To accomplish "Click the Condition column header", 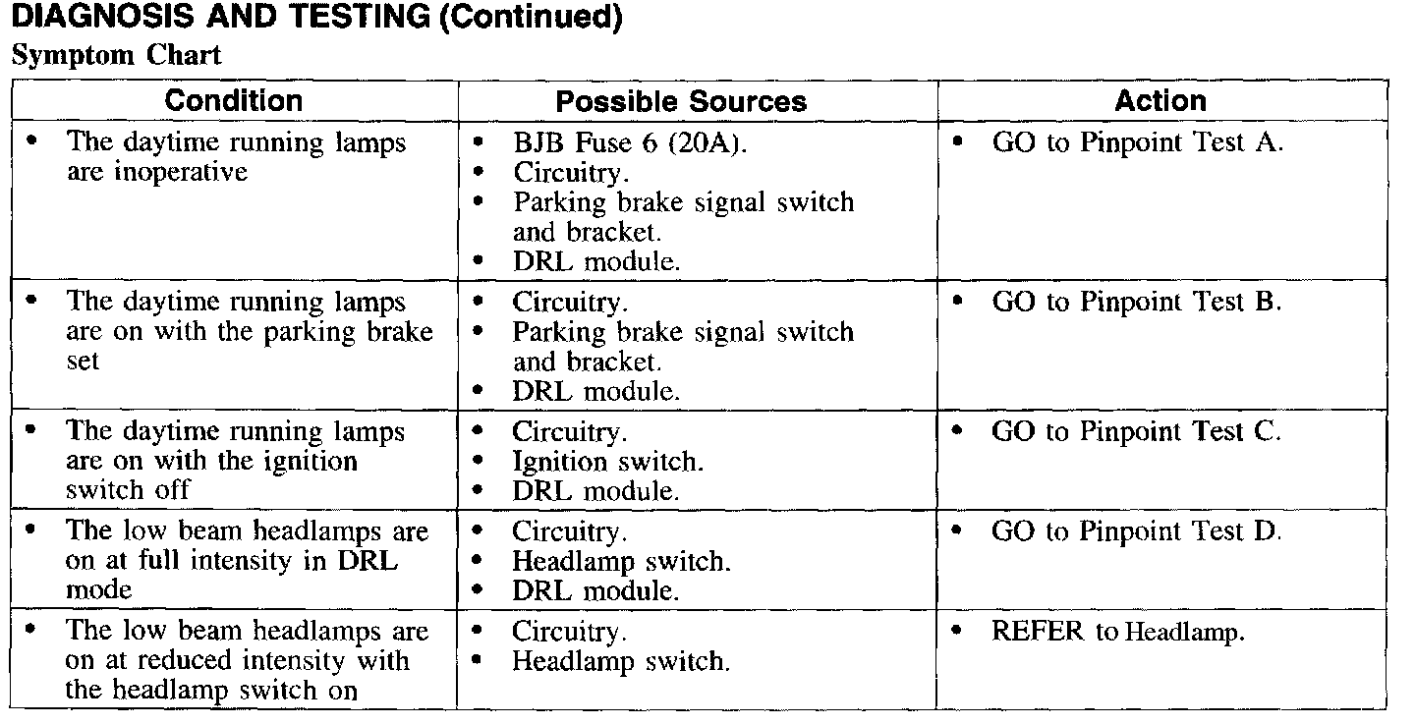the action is tap(234, 100).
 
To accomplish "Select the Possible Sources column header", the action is tap(681, 101).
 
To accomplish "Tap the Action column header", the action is tap(1160, 100).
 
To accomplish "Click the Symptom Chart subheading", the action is tap(117, 55).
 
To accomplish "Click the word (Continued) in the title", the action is tap(531, 19).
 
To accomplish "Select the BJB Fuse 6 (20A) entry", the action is tap(629, 142).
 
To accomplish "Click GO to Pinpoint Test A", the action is tap(1137, 142).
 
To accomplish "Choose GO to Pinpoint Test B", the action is tap(1137, 302).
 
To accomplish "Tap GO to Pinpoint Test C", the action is tap(1137, 431).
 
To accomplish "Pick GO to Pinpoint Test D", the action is tap(1137, 531).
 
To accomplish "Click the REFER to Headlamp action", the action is tap(1117, 632).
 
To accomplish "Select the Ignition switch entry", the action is tap(607, 461).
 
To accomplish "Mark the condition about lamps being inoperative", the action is tap(236, 157).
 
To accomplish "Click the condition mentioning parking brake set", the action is tap(249, 331).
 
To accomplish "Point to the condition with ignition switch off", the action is tap(236, 461).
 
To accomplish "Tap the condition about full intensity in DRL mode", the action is tap(247, 561).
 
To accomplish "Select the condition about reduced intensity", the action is tap(247, 660).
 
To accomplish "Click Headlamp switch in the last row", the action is tap(620, 661).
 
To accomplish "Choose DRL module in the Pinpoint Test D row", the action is tap(594, 590).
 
